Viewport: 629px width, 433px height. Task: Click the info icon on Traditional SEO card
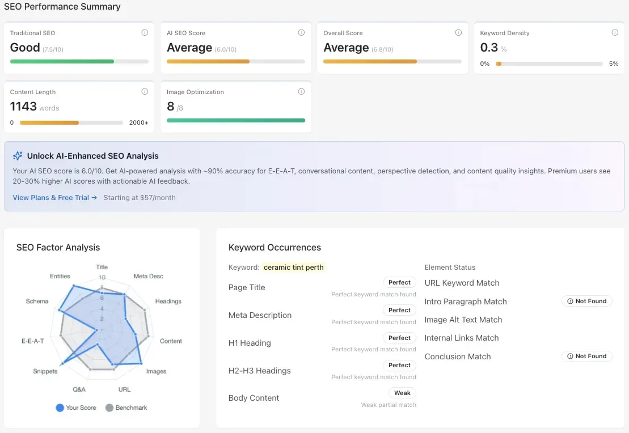(x=145, y=33)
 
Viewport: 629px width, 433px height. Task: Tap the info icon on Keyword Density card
(x=615, y=33)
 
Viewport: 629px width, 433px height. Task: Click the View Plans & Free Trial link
(x=55, y=198)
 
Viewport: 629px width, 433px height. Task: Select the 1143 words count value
(x=23, y=107)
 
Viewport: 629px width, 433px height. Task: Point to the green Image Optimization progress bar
(x=235, y=120)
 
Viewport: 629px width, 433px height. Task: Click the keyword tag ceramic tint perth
(x=294, y=268)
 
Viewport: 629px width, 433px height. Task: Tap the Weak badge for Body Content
(x=402, y=393)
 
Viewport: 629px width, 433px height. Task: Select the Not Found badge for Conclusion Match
(x=587, y=356)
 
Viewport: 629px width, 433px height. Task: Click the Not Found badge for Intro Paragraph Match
(x=587, y=302)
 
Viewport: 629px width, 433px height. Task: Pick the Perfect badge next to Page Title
(x=399, y=282)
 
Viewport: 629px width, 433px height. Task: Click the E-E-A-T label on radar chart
(x=32, y=341)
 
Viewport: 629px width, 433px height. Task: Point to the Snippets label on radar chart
(x=45, y=371)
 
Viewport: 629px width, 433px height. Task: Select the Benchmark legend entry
(x=126, y=407)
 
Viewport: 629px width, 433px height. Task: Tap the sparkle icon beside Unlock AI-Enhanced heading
(x=18, y=156)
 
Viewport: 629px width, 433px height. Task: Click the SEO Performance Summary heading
(x=62, y=7)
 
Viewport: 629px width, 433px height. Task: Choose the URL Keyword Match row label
(x=462, y=283)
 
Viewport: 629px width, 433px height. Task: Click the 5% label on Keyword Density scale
(x=614, y=64)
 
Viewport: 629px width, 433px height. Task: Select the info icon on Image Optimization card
(x=301, y=92)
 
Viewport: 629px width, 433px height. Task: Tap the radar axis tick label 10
(x=102, y=278)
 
